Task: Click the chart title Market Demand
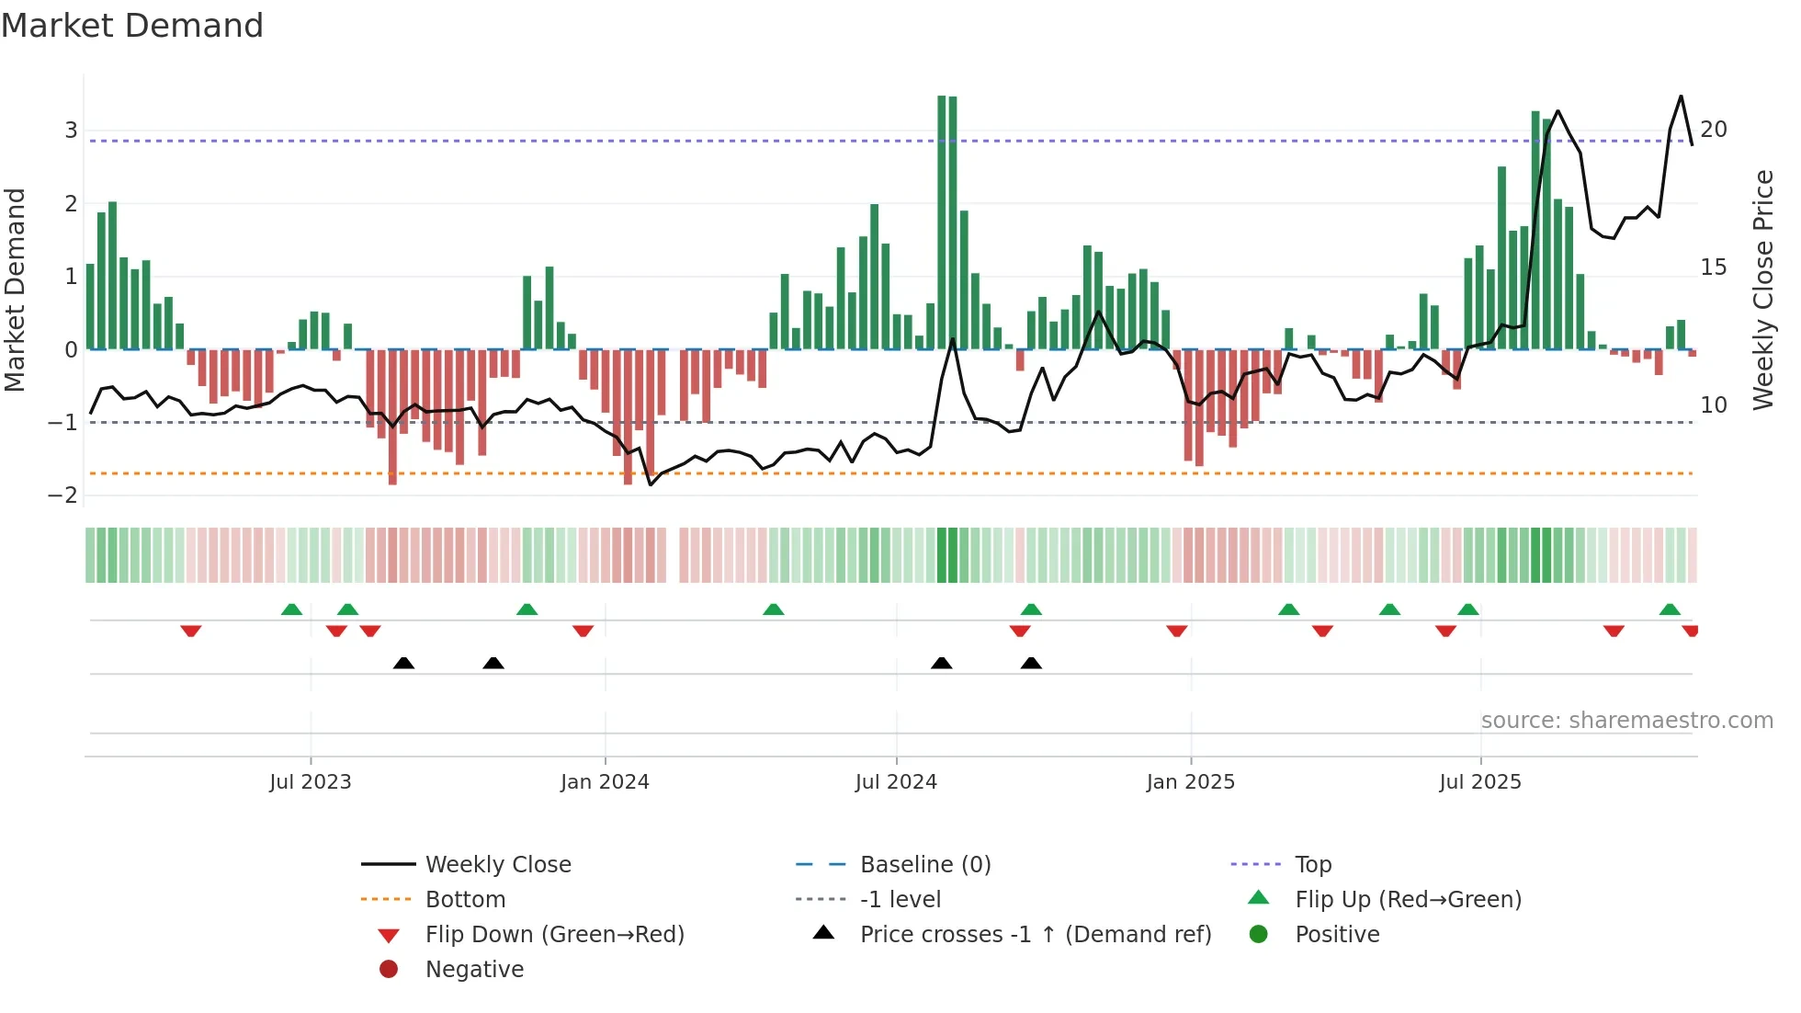(132, 26)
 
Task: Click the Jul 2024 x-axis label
(896, 782)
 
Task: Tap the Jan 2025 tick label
(1190, 782)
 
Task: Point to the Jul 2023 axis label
(311, 782)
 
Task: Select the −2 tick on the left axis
(62, 495)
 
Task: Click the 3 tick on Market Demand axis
(71, 131)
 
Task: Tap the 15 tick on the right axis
(1714, 267)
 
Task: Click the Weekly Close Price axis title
(1762, 290)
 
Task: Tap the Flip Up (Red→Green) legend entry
(1408, 900)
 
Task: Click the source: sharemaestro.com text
(1626, 721)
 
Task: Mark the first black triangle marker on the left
(403, 663)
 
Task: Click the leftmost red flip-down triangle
(191, 631)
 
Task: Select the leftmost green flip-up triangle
(291, 609)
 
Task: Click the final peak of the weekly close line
(1681, 97)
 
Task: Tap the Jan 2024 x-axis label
(605, 782)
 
